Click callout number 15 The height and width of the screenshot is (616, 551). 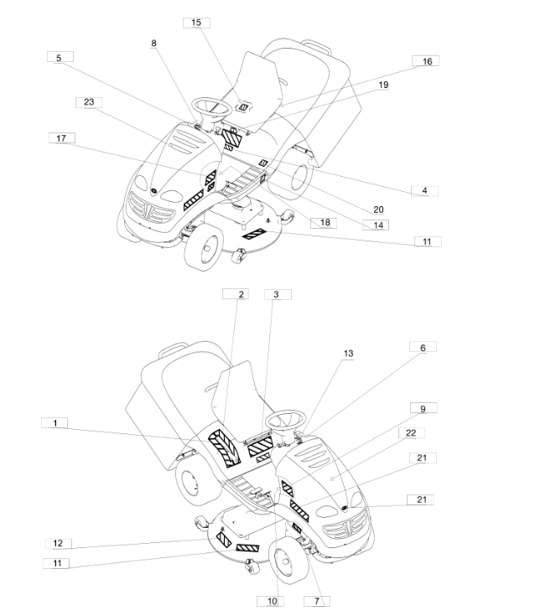(196, 23)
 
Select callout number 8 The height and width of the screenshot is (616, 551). (153, 44)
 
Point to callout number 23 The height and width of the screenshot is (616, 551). (89, 102)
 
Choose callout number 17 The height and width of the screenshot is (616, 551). (62, 138)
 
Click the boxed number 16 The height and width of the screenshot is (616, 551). (426, 61)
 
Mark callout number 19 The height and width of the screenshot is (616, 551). (383, 85)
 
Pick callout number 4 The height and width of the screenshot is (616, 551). (424, 191)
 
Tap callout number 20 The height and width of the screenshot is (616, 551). (378, 210)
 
